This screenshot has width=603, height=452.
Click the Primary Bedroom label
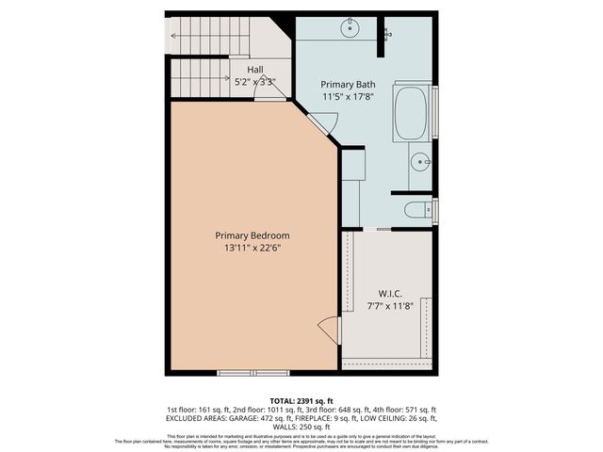pyautogui.click(x=252, y=235)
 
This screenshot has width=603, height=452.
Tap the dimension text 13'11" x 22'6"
pyautogui.click(x=252, y=249)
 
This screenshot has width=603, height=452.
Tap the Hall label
pyautogui.click(x=254, y=70)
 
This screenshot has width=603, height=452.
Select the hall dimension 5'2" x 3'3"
pyautogui.click(x=254, y=82)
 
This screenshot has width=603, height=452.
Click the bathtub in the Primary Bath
pyautogui.click(x=411, y=113)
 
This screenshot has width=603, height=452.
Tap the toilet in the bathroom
pyautogui.click(x=418, y=209)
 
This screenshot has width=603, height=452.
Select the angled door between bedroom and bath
pyautogui.click(x=323, y=121)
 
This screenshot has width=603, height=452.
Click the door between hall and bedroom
pyautogui.click(x=269, y=98)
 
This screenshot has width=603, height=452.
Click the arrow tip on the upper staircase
pyautogui.click(x=172, y=37)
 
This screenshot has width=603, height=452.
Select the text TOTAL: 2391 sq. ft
pyautogui.click(x=301, y=400)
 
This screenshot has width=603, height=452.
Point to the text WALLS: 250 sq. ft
pyautogui.click(x=301, y=427)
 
